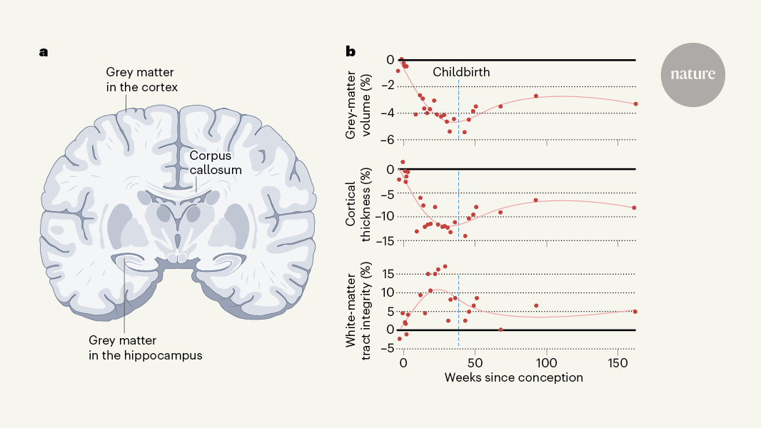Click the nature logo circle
pyautogui.click(x=692, y=75)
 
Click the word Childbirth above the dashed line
pyautogui.click(x=462, y=72)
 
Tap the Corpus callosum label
pyautogui.click(x=216, y=162)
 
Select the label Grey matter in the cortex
pyautogui.click(x=141, y=79)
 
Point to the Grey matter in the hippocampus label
pyautogui.click(x=145, y=347)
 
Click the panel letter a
pyautogui.click(x=44, y=52)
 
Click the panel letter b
pyautogui.click(x=351, y=52)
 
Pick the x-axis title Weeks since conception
pyautogui.click(x=514, y=377)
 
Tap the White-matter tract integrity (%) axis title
pyautogui.click(x=358, y=309)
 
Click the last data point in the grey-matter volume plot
pyautogui.click(x=635, y=104)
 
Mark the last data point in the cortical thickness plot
pyautogui.click(x=634, y=208)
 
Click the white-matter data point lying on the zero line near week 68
pyautogui.click(x=500, y=330)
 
